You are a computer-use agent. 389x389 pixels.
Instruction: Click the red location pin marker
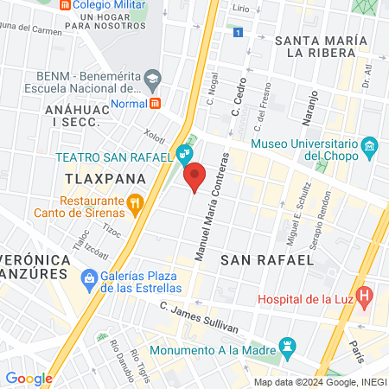click(195, 175)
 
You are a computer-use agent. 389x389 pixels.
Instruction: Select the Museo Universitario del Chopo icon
click(370, 144)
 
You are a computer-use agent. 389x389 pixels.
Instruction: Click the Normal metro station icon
click(156, 103)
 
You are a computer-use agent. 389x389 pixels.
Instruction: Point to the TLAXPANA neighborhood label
click(100, 176)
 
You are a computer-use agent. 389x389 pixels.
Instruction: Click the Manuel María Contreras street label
click(210, 207)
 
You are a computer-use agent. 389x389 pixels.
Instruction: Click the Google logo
click(29, 378)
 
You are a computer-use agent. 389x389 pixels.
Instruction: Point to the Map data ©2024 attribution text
click(319, 382)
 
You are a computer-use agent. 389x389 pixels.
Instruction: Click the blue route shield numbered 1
click(237, 32)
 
